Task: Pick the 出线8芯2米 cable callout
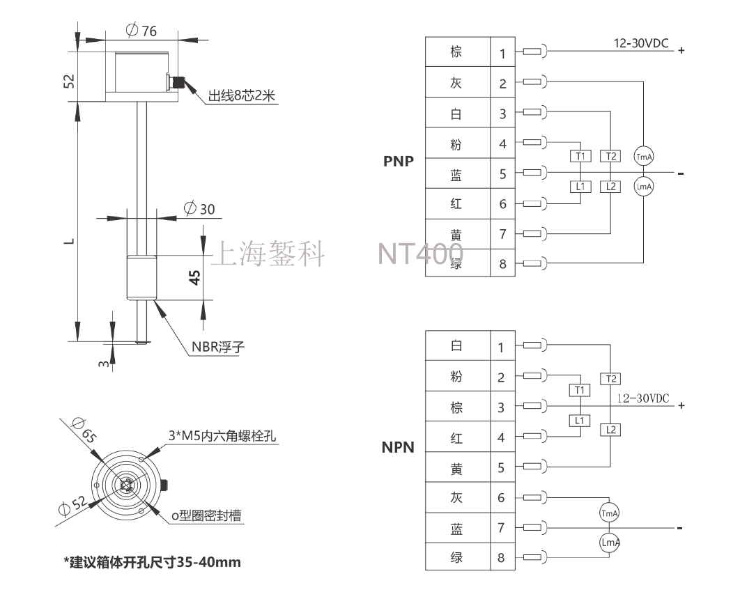(x=242, y=97)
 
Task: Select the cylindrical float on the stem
(x=143, y=278)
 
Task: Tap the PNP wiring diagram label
(x=398, y=162)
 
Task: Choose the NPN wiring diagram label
(x=398, y=446)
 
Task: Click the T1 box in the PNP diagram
(x=580, y=156)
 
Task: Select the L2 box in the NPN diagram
(x=610, y=430)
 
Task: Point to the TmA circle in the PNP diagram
(x=643, y=157)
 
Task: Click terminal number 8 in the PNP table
(x=502, y=264)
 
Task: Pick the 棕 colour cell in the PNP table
(x=456, y=52)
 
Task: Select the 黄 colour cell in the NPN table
(x=456, y=467)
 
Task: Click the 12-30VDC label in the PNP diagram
(x=640, y=43)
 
